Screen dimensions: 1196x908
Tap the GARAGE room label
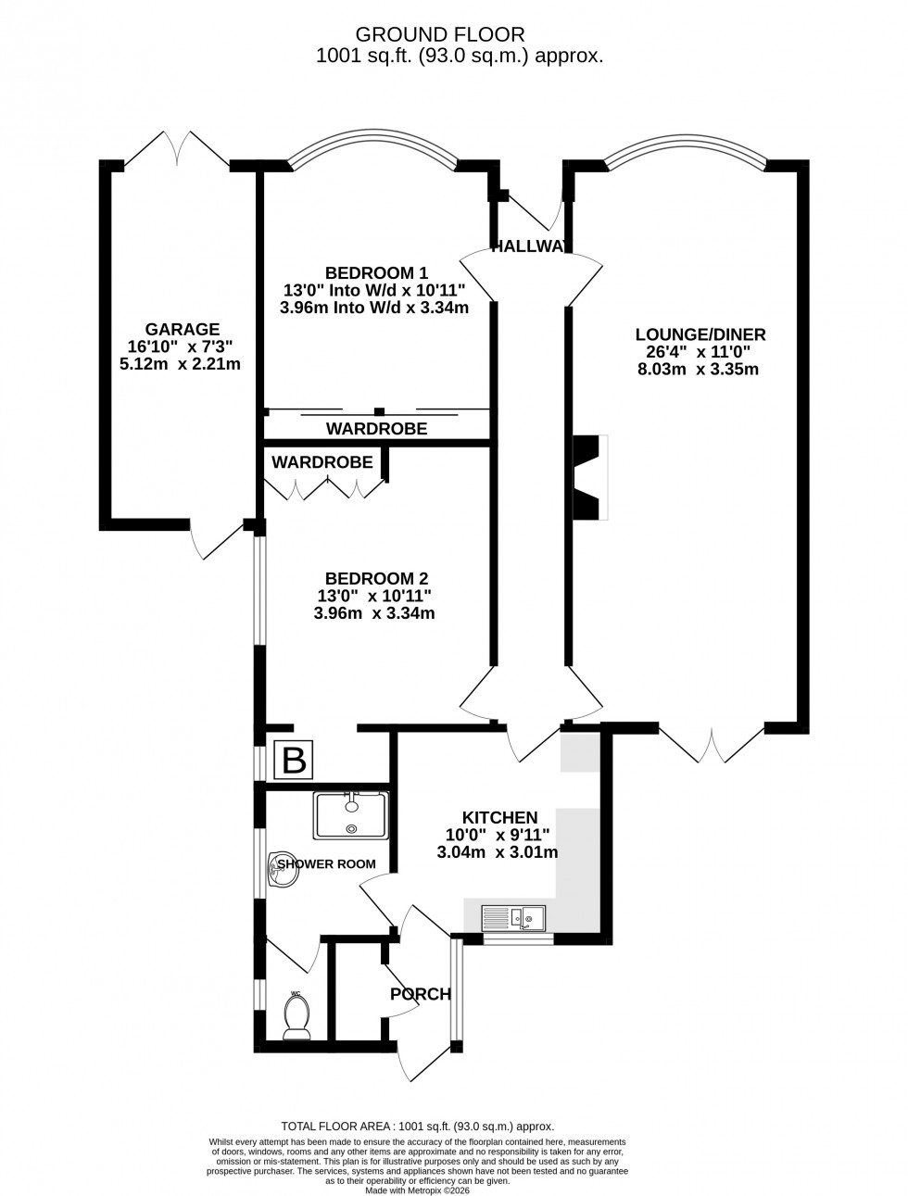coord(182,329)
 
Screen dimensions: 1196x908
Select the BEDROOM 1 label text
coord(375,272)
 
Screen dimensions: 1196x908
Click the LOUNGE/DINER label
coord(700,334)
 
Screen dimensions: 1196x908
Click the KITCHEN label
coord(499,817)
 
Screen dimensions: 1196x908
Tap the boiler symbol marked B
coord(294,761)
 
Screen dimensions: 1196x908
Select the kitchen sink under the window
coord(513,919)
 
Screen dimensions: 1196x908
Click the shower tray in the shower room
coord(351,816)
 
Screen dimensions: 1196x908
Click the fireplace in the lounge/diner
coord(589,476)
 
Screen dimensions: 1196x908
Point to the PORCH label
coord(420,994)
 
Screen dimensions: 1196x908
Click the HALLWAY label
coord(529,246)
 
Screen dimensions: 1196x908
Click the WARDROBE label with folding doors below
coord(322,461)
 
